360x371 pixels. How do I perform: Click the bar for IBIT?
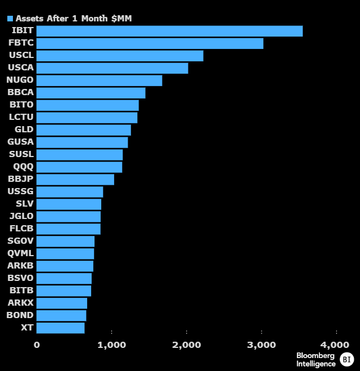coord(169,31)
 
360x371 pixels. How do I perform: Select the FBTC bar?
coord(150,43)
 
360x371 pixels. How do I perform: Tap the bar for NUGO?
coord(99,81)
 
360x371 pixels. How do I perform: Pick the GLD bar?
coord(83,130)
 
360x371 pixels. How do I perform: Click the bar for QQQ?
coord(79,167)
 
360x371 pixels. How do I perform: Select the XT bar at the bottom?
coord(60,328)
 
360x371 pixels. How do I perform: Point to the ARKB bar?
coord(65,266)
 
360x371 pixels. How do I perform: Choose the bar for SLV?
coord(69,204)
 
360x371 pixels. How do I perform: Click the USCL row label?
coord(21,56)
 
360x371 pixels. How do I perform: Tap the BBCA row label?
coord(21,93)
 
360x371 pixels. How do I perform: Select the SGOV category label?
coord(21,241)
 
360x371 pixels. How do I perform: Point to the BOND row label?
coord(20,315)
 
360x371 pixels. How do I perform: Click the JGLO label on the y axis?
coord(21,216)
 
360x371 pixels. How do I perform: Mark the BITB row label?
coord(22,290)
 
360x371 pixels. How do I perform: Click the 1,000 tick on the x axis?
coord(111,345)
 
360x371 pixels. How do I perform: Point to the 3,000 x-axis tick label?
coord(261,345)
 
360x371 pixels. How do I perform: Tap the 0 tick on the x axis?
coord(37,345)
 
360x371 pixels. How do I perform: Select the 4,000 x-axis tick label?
coord(335,345)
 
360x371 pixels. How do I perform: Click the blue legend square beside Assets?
coord(10,19)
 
